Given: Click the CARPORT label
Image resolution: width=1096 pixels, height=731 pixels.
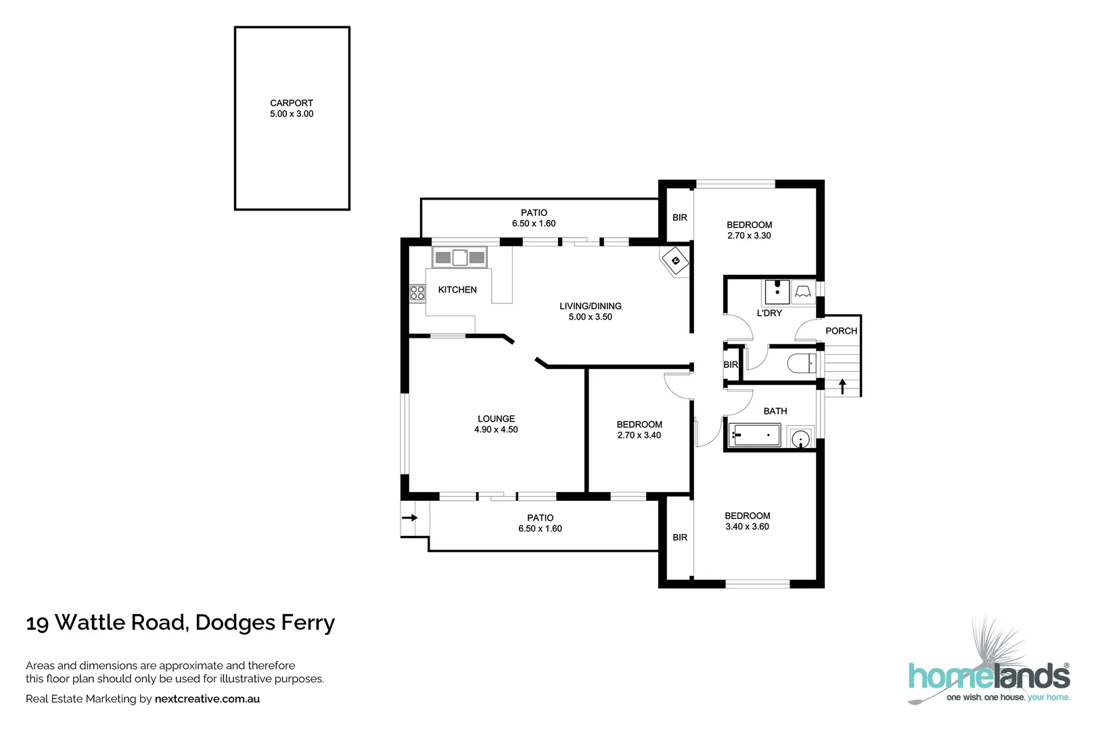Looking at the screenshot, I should (292, 103).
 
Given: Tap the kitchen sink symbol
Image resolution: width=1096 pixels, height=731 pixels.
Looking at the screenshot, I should (460, 257).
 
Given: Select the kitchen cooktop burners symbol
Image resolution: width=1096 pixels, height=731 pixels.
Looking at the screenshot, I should (417, 292).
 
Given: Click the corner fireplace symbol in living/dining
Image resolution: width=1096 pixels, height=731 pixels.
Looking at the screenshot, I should (675, 260).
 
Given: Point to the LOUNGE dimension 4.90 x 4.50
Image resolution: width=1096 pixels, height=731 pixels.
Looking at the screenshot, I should (496, 430).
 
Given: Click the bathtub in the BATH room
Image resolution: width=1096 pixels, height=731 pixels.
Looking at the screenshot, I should (753, 435).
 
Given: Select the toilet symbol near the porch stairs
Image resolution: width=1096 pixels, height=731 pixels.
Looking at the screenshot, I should (802, 364).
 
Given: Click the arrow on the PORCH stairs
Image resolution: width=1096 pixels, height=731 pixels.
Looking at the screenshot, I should (842, 386).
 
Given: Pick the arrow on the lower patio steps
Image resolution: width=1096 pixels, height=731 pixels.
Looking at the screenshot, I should (410, 518).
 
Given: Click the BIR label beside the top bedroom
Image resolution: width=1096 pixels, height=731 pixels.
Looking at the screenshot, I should (680, 217).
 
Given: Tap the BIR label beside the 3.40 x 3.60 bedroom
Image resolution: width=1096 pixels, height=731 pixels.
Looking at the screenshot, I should (680, 537).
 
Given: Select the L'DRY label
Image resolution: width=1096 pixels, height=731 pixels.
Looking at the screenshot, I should (769, 313).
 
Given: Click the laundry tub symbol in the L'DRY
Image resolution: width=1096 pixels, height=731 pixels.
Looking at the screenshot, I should (777, 292).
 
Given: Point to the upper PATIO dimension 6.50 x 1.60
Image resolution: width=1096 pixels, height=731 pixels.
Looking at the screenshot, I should (534, 223).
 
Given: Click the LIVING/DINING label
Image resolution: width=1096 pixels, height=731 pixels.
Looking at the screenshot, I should (590, 306).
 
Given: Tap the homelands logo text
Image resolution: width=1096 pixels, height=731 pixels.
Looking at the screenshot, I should (988, 677).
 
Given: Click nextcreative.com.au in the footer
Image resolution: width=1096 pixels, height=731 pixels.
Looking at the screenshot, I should (207, 699).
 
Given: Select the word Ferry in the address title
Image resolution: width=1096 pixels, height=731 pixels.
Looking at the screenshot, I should (309, 623).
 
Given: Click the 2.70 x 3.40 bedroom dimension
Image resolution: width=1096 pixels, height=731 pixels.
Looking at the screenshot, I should (639, 435).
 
